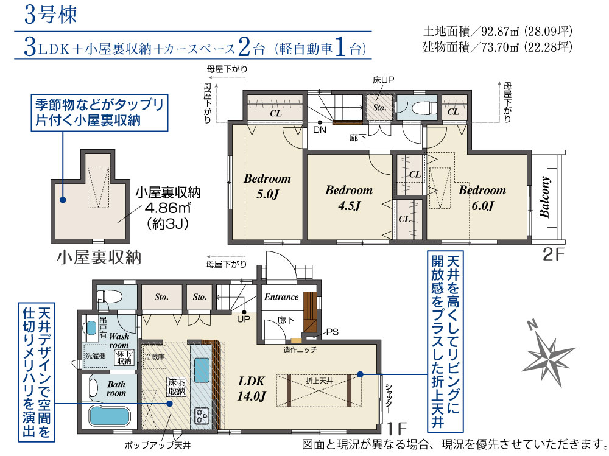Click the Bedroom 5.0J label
click(267, 186)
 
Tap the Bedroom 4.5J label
click(349, 198)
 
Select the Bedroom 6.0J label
click(482, 198)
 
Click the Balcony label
click(544, 197)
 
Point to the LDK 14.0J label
click(252, 388)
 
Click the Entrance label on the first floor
click(281, 297)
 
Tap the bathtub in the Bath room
click(109, 416)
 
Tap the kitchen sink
click(202, 370)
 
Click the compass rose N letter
click(532, 324)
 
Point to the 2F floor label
click(553, 254)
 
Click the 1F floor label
click(396, 429)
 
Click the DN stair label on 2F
click(320, 129)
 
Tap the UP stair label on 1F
click(244, 319)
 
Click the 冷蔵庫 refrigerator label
click(155, 357)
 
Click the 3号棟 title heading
click(51, 15)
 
